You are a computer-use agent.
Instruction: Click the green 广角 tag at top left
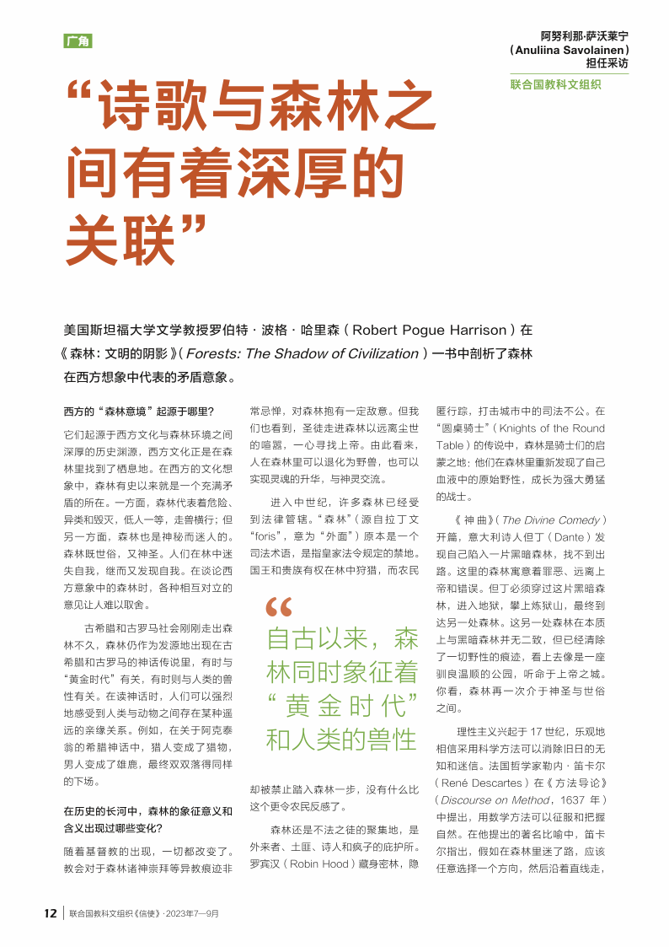[x=78, y=41]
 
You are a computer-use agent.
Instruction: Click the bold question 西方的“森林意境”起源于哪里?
[x=139, y=412]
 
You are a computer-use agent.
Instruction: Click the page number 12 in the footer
[x=51, y=913]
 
